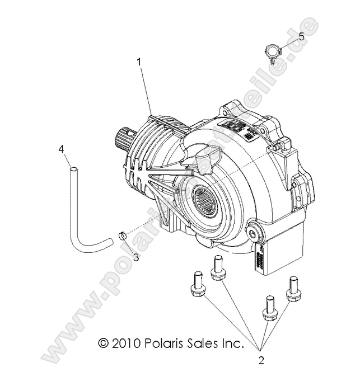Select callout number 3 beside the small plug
tap(136, 257)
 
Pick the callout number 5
tap(301, 37)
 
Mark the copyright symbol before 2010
tap(102, 342)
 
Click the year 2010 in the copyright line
tap(124, 342)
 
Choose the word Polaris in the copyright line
tap(161, 342)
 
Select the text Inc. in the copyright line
tap(233, 342)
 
